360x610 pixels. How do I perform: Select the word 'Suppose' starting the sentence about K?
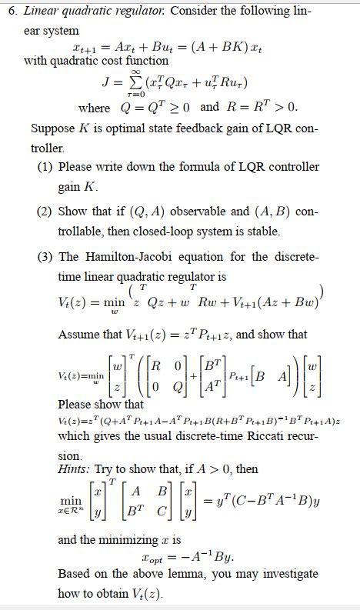click(x=53, y=127)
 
